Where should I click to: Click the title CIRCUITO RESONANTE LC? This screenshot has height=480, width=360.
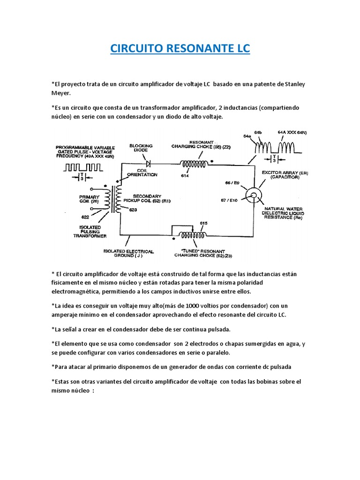(x=180, y=48)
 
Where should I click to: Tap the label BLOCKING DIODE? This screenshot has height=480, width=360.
(x=141, y=148)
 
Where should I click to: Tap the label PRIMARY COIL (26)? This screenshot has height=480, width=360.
(x=89, y=199)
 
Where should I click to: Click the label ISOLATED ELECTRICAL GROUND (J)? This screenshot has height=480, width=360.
(x=122, y=254)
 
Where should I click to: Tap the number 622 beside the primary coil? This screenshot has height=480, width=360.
(x=85, y=217)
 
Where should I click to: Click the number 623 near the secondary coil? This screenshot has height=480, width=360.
(x=133, y=210)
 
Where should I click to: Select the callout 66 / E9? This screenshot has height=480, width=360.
(x=232, y=182)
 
